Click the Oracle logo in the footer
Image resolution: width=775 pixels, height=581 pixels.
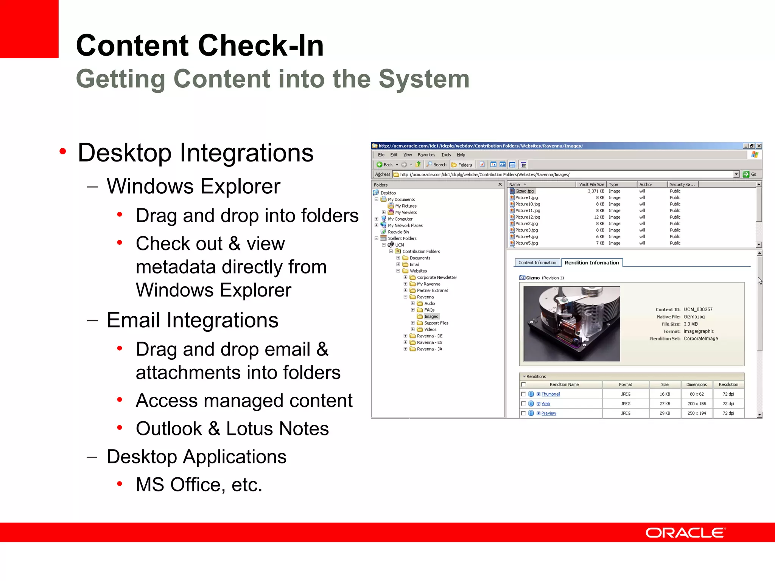tap(685, 533)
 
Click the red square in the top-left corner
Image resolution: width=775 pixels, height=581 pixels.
tap(29, 29)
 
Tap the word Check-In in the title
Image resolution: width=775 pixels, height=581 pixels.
tap(261, 45)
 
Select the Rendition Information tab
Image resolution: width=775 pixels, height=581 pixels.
tap(591, 263)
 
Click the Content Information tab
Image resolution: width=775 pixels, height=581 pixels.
tap(537, 263)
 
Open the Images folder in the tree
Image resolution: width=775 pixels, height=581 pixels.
tap(431, 317)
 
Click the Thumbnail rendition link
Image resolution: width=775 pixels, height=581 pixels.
tap(550, 394)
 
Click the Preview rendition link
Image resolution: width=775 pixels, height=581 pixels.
tap(548, 413)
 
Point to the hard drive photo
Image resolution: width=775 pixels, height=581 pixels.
tap(571, 323)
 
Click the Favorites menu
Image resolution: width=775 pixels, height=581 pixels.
tap(426, 155)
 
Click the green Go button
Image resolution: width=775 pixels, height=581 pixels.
tap(749, 174)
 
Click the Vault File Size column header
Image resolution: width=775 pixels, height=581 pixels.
tap(591, 185)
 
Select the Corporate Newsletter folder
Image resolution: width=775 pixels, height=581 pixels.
tap(437, 278)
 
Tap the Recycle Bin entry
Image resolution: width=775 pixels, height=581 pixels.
tap(398, 232)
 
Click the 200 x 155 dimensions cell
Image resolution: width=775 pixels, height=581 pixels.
tap(696, 404)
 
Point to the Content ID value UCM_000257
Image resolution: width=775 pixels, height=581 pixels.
tap(698, 309)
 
